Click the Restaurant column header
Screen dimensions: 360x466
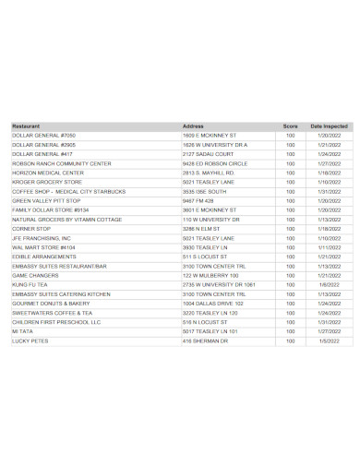point(25,125)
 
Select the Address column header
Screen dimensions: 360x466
point(193,125)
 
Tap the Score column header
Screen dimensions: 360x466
point(290,125)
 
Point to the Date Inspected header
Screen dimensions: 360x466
point(329,125)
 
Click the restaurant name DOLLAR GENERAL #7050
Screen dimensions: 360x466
point(43,135)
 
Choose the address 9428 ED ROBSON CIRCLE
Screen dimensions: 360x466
point(216,162)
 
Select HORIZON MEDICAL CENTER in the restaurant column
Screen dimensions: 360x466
point(47,173)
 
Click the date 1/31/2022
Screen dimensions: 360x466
point(329,191)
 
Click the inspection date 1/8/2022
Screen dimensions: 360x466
point(329,285)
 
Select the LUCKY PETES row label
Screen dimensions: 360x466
point(30,341)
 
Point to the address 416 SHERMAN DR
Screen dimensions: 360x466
point(205,341)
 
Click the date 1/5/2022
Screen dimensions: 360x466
point(329,341)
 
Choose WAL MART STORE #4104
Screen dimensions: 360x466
point(43,247)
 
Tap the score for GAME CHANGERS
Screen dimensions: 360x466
point(290,276)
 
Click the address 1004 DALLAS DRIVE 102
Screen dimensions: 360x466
point(213,304)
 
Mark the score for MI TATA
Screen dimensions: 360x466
point(290,332)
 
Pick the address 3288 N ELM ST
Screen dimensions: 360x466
point(202,229)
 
